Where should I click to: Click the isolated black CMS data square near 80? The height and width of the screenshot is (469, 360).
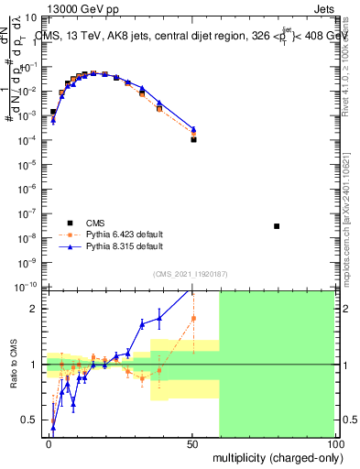[x=277, y=226]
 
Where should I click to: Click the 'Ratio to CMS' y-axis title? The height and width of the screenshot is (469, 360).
[x=14, y=364]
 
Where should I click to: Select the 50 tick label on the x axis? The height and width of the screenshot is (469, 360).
[x=191, y=444]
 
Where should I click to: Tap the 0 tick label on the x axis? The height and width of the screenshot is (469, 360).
[x=49, y=444]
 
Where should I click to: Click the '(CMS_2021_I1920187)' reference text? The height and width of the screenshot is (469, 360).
[x=191, y=273]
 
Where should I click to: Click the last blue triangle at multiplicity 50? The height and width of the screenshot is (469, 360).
[x=193, y=129]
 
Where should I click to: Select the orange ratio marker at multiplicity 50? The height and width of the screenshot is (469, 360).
[x=193, y=319]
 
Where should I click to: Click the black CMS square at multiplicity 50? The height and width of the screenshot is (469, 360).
[x=193, y=139]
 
